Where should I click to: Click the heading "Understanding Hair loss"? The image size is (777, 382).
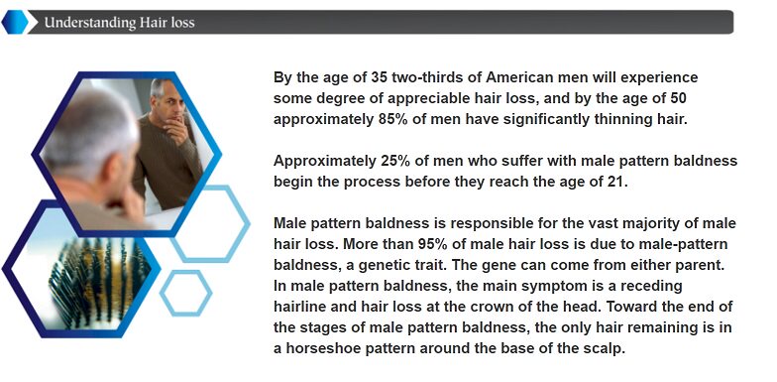tap(119, 22)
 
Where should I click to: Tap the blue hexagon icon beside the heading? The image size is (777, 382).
tap(15, 22)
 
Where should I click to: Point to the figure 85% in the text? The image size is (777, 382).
tap(392, 119)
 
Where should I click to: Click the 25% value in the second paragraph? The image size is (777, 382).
tap(395, 161)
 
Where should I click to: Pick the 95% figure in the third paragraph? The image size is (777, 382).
tap(433, 244)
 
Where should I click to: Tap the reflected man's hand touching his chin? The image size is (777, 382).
tap(174, 129)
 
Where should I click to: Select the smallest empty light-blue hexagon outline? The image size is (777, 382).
tap(186, 293)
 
